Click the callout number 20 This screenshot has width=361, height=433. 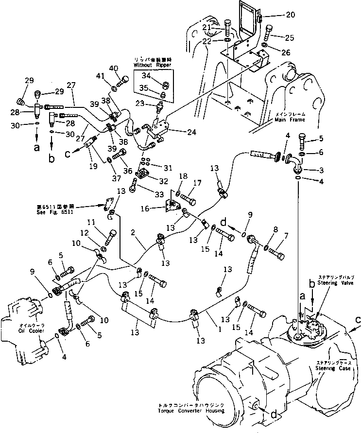[290, 15]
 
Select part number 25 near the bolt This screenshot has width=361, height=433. [290, 37]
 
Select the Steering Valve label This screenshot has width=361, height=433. [332, 282]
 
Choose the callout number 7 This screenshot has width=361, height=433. [286, 236]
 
